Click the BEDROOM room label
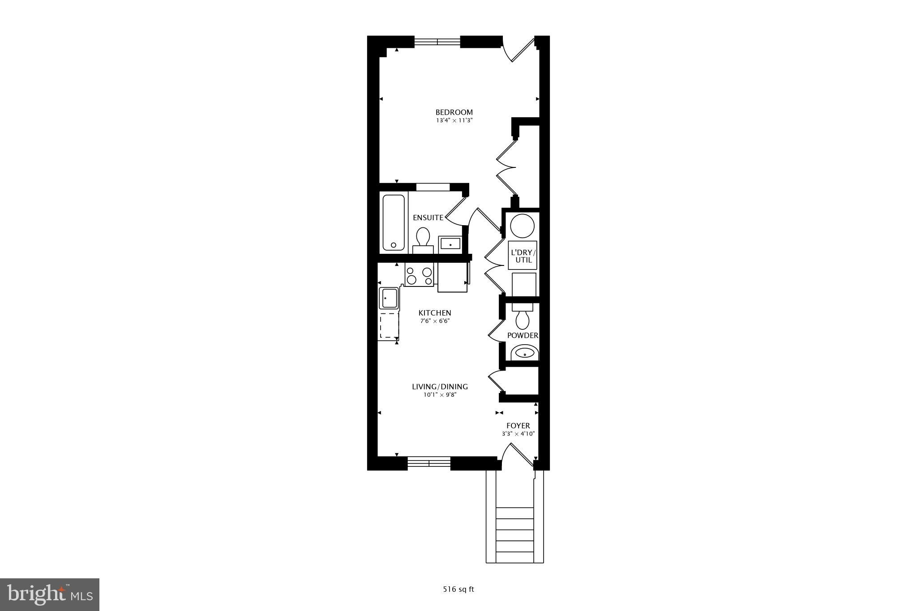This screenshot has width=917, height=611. tap(454, 112)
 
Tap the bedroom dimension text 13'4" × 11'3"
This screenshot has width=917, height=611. tap(454, 120)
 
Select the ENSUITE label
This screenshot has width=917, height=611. tap(428, 218)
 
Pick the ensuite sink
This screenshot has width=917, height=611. tap(450, 244)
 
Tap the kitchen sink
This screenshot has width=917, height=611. tap(389, 298)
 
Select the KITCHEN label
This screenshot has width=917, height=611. tap(435, 313)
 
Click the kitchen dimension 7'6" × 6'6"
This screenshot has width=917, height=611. tap(435, 321)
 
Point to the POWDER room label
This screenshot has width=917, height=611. tap(523, 335)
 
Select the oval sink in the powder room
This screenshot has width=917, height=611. tap(524, 353)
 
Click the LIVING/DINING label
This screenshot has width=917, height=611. tap(440, 387)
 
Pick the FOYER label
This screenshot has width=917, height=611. tap(518, 426)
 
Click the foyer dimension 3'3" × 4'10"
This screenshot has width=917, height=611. tap(518, 434)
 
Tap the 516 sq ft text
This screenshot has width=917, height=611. tap(458, 589)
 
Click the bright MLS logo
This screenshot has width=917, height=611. tap(50, 594)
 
